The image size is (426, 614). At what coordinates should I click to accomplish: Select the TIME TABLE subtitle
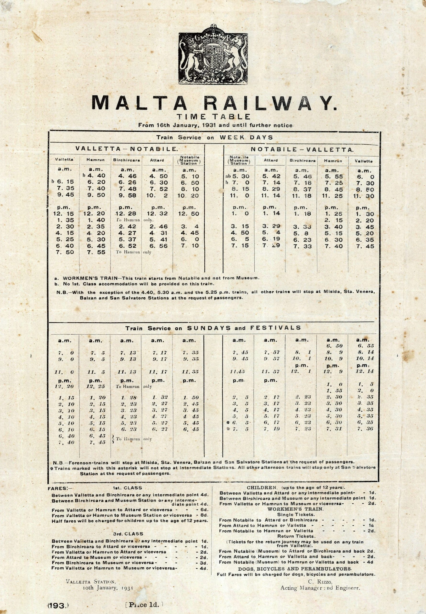point(213,117)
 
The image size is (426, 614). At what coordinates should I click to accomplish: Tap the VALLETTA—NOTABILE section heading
point(127,149)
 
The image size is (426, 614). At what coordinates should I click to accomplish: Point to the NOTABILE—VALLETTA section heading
point(302,150)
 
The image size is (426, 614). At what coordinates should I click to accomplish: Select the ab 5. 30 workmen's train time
point(239,177)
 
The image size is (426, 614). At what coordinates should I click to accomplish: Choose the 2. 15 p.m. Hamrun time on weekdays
point(332,220)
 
